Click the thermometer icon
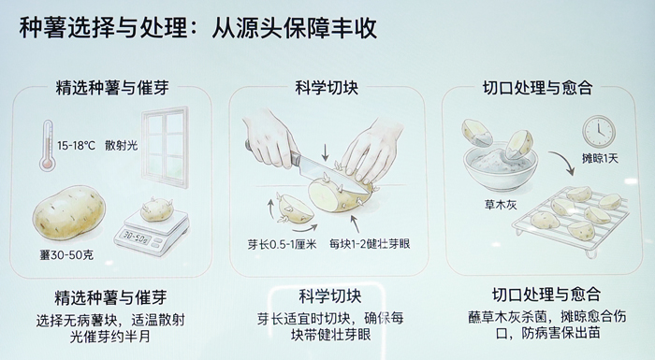pos(47,145)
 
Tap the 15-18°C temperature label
pos(76,146)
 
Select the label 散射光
pos(121,145)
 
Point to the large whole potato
pos(69,212)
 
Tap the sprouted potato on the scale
pos(156,209)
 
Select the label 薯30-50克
pos(66,254)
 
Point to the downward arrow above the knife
pos(325,153)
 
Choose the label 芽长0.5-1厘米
pos(282,244)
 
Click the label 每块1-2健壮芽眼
pos(370,244)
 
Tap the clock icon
pos(599,131)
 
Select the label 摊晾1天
pos(600,158)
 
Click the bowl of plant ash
pos(500,166)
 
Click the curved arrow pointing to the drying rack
pos(562,162)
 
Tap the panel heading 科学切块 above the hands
pos(327,88)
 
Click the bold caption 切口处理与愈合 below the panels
pos(546,295)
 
